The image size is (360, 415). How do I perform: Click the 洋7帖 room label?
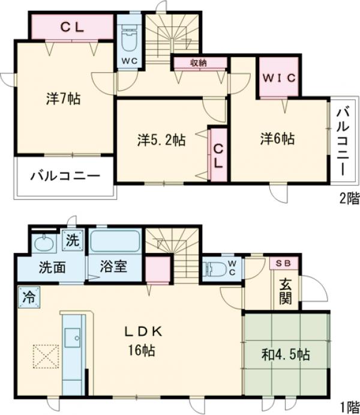[x=63, y=99]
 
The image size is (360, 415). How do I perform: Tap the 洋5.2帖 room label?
[x=161, y=141]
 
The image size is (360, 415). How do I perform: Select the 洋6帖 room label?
[x=277, y=139]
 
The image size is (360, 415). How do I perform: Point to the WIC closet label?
[x=278, y=77]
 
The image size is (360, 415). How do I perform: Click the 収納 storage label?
[x=199, y=62]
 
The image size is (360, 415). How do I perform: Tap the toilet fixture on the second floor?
[x=128, y=40]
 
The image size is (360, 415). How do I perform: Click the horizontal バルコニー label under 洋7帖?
[x=64, y=177]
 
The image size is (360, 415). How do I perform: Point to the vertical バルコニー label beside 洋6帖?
[x=343, y=141]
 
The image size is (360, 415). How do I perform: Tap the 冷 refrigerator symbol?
[x=28, y=296]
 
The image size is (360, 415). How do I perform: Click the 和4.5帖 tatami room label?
[x=286, y=354]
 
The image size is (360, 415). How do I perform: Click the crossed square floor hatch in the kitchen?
[x=45, y=357]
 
